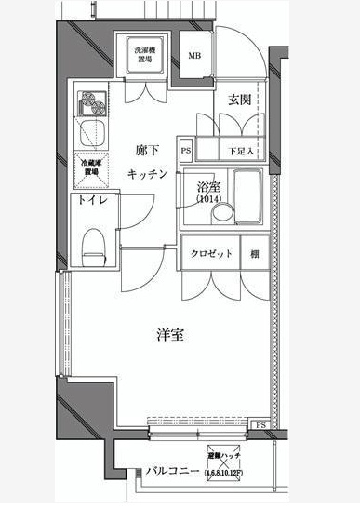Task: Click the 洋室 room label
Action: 169,335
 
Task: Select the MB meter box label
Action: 194,56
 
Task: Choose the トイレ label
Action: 91,200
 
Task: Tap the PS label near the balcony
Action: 260,425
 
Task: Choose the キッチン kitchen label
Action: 146,174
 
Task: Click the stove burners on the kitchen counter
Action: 93,100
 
